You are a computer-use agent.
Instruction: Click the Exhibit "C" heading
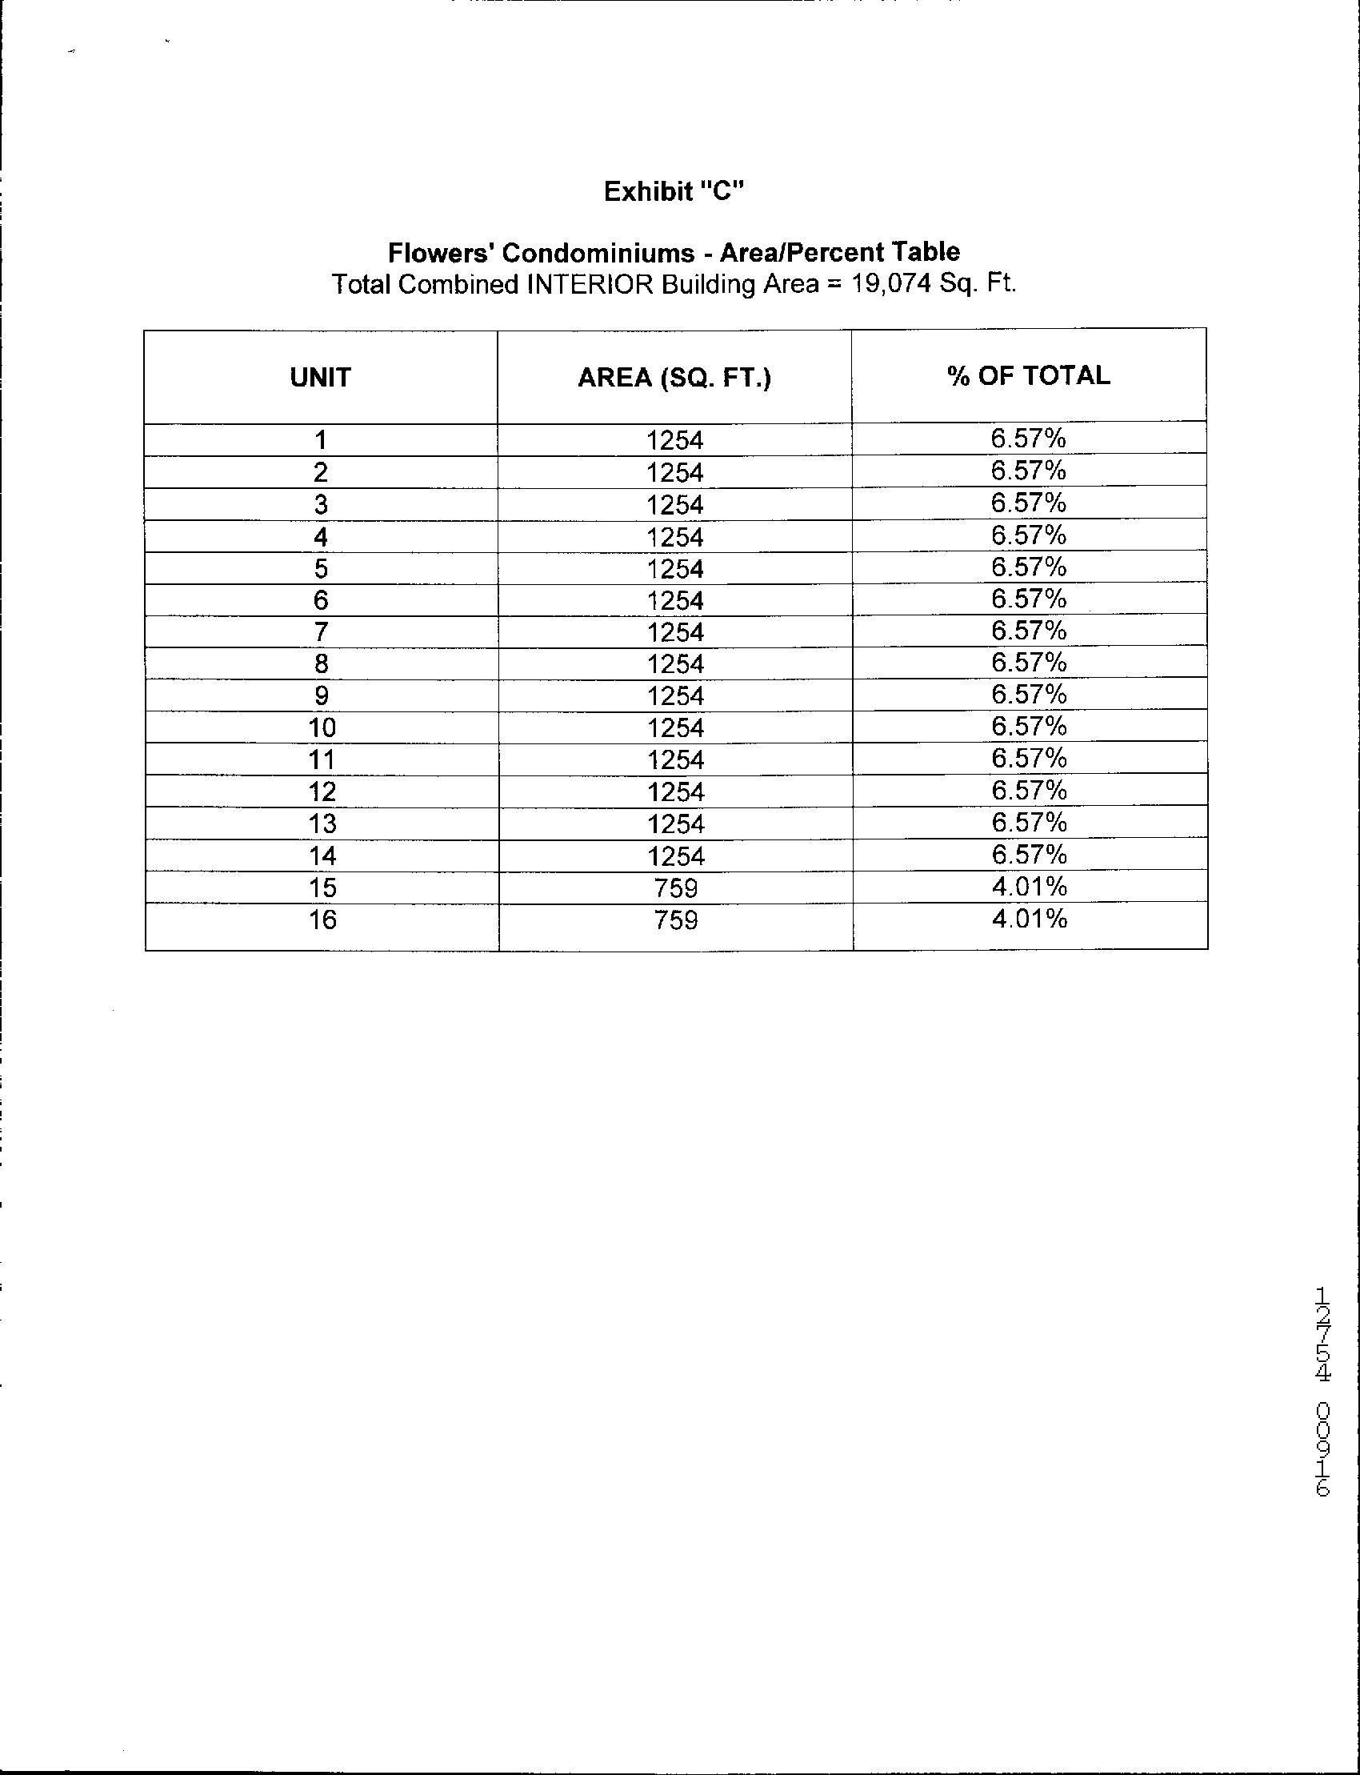(x=674, y=191)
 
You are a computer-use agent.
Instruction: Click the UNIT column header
(x=321, y=378)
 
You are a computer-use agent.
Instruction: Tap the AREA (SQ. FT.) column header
(x=674, y=378)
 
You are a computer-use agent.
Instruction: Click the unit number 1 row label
(x=321, y=440)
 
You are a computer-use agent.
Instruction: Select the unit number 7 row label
(x=321, y=631)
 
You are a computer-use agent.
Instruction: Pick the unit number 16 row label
(x=322, y=920)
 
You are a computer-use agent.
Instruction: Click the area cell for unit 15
(x=675, y=888)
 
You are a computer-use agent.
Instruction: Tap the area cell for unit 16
(x=675, y=920)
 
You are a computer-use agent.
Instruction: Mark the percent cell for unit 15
(x=1030, y=887)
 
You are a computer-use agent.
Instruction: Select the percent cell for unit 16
(x=1030, y=918)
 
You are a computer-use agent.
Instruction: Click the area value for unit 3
(x=675, y=505)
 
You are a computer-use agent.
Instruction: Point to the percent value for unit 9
(x=1029, y=694)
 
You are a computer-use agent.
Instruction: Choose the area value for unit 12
(x=676, y=792)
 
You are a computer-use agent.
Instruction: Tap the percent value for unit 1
(x=1028, y=439)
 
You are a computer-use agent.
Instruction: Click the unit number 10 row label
(x=322, y=728)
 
